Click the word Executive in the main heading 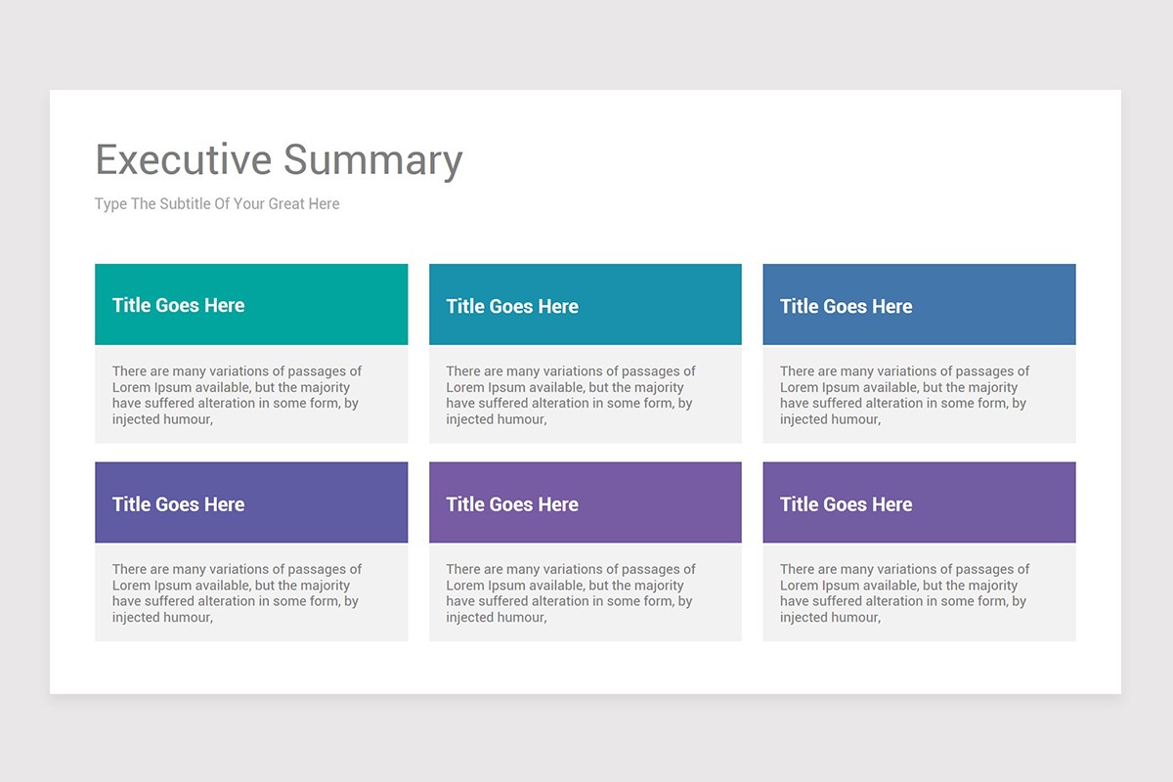(x=183, y=160)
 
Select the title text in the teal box (x=178, y=305)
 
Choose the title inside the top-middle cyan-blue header (x=512, y=306)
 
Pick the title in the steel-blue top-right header (x=846, y=306)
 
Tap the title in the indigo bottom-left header (x=178, y=504)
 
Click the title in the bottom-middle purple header (x=512, y=504)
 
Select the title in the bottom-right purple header (x=846, y=504)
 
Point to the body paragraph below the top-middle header (x=571, y=395)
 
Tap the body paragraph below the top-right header (x=904, y=395)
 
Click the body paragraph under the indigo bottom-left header (x=237, y=593)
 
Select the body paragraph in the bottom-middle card (x=571, y=593)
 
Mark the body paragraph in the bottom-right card (x=904, y=593)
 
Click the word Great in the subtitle (x=284, y=204)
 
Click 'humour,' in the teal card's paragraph (x=183, y=419)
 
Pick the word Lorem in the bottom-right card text (x=800, y=586)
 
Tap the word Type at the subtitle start (x=110, y=204)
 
